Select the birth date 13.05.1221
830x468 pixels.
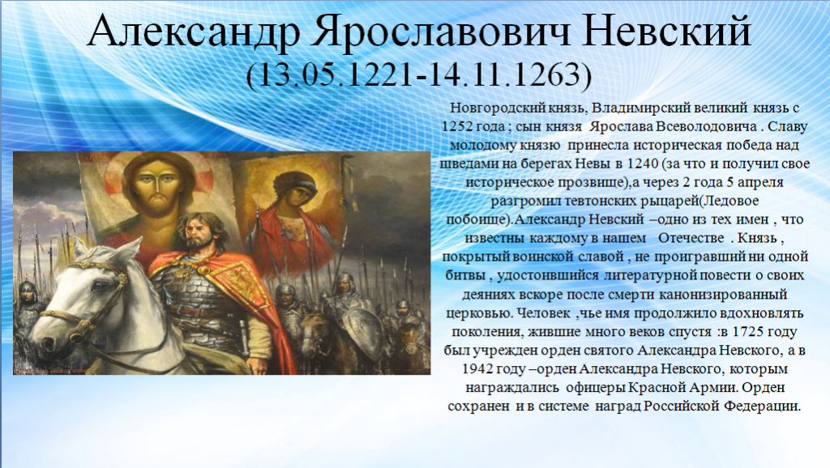[x=336, y=74]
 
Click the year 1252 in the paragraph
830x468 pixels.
[x=457, y=126]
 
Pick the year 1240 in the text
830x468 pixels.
[x=643, y=164]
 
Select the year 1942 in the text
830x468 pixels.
[x=478, y=368]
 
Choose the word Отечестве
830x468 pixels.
[x=691, y=238]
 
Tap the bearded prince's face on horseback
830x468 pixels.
[x=199, y=232]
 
